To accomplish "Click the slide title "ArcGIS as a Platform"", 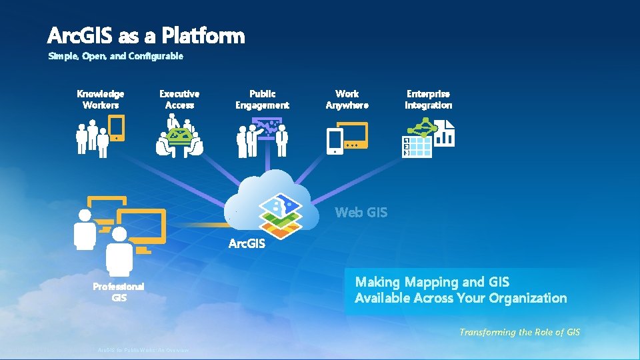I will point(146,35).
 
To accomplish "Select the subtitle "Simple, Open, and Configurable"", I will point(115,56).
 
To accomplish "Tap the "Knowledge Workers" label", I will point(101,99).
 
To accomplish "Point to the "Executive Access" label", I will point(179,99).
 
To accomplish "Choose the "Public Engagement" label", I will point(262,99).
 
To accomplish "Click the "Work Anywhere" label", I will point(347,99).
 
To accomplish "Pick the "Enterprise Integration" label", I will point(428,99).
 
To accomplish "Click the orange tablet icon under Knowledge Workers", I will point(117,127).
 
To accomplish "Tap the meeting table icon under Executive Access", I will point(179,138).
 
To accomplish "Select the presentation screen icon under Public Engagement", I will point(267,126).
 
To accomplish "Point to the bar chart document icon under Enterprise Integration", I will point(445,133).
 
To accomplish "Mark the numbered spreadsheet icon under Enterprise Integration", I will point(417,147).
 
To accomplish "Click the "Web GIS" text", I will point(361,213).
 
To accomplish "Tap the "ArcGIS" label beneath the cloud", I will point(247,244).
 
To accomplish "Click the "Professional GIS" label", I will point(119,292).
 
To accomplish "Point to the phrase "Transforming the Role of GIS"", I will point(519,332).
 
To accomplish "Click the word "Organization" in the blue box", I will point(527,298).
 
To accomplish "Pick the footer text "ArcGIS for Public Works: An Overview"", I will point(143,351).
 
